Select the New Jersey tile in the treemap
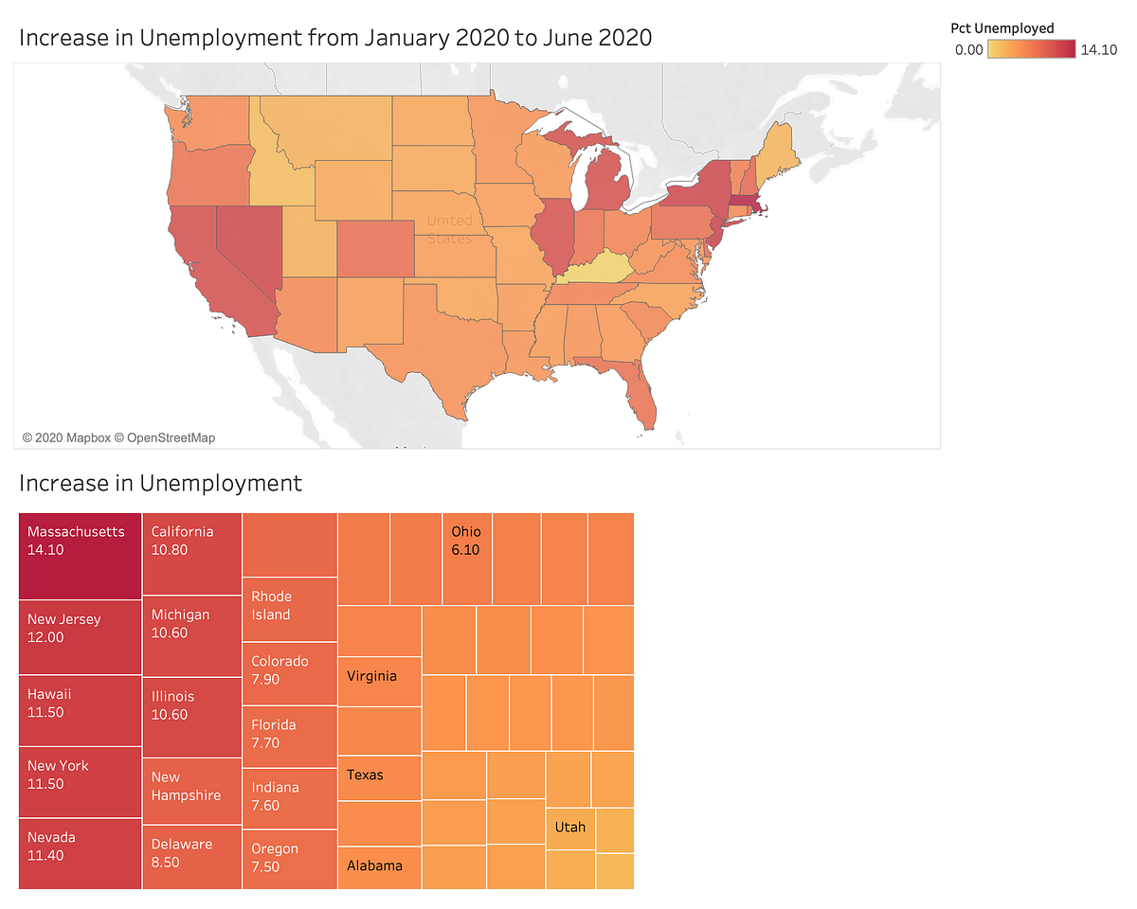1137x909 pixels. pos(80,637)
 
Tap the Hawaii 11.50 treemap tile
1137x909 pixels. pos(80,710)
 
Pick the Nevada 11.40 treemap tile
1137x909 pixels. pos(80,852)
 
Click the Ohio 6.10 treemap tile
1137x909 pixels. pos(467,559)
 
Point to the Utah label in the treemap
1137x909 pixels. pos(570,828)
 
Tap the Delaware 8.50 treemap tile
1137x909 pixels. pos(191,857)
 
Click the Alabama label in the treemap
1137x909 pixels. pos(374,865)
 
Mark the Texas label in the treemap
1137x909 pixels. pos(366,775)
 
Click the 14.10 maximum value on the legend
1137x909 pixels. pos(1099,50)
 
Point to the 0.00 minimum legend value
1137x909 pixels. pos(968,50)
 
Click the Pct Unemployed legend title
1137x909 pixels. pos(1002,28)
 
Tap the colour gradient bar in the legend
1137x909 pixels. pos(1032,50)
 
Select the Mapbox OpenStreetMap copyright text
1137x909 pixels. pos(118,437)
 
